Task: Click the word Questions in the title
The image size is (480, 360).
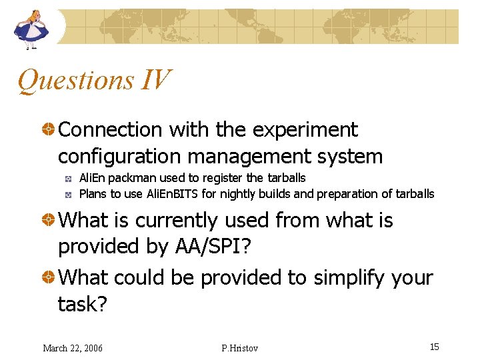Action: (x=75, y=81)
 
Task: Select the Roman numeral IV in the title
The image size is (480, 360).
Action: (x=155, y=81)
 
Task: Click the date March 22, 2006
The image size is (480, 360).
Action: (x=73, y=348)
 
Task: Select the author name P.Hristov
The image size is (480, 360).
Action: (x=239, y=348)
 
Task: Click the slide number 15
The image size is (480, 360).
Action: (x=434, y=347)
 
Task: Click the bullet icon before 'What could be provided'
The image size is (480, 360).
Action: (x=49, y=277)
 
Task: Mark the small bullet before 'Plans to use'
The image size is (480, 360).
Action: (x=68, y=195)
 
